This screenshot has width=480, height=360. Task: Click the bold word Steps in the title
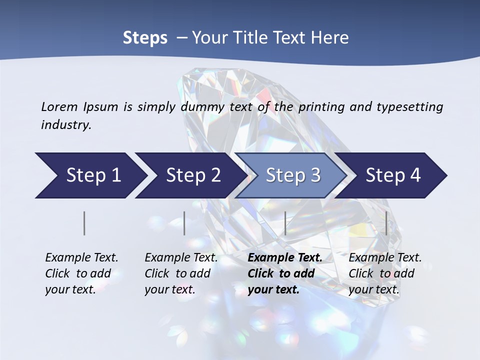(145, 38)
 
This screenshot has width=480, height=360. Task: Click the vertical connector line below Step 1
(84, 223)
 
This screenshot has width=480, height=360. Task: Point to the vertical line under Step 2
(184, 223)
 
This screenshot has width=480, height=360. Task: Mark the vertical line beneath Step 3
(285, 223)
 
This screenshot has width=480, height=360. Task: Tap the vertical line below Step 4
(386, 223)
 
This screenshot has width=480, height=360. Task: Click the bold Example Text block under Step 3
(285, 273)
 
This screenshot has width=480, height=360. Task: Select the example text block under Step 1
(81, 273)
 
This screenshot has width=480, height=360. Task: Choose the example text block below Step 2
(181, 273)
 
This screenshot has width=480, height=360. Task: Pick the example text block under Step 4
(385, 273)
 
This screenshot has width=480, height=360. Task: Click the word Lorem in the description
(59, 107)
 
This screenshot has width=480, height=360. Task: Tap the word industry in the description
(66, 125)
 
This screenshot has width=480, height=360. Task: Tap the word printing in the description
(320, 107)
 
